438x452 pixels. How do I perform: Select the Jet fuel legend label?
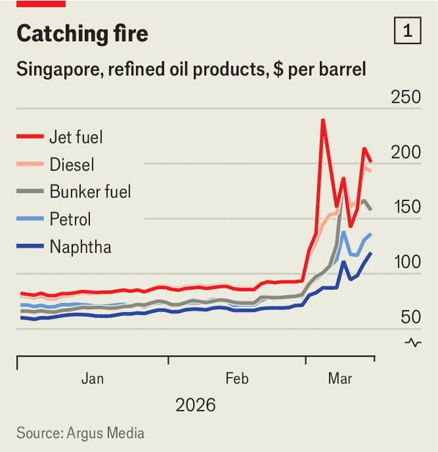point(77,137)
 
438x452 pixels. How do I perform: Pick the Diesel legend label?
point(71,165)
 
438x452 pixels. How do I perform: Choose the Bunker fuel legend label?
point(90,192)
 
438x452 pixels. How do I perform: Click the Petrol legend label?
point(70,219)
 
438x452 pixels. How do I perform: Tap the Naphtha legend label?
point(80,247)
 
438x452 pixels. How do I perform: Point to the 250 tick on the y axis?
point(406,98)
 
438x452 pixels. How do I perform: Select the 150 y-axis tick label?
point(406,208)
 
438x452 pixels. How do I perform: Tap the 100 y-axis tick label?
point(406,262)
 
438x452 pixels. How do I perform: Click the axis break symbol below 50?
point(413,342)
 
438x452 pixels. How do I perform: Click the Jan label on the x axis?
point(93,378)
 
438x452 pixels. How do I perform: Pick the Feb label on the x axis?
point(237,378)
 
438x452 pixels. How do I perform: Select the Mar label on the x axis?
point(339,378)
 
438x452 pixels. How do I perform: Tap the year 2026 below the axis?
point(195,406)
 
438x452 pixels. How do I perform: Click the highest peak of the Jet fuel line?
point(322,120)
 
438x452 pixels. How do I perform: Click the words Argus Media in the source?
point(106,433)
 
